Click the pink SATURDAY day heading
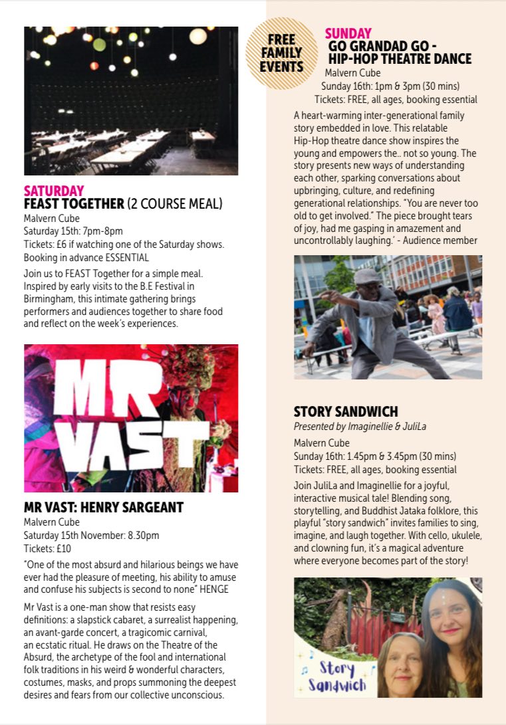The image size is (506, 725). click(x=54, y=191)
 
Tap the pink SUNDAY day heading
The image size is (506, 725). click(x=348, y=33)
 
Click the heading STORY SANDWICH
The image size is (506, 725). click(x=346, y=412)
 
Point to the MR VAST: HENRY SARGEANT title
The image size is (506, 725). click(x=104, y=508)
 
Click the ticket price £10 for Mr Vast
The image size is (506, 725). click(x=64, y=548)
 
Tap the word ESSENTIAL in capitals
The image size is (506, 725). click(x=126, y=257)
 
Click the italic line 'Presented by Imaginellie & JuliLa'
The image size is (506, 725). click(x=360, y=426)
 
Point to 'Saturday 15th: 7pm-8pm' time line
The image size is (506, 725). click(x=73, y=231)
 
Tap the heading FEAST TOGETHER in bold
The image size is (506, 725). click(x=74, y=204)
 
